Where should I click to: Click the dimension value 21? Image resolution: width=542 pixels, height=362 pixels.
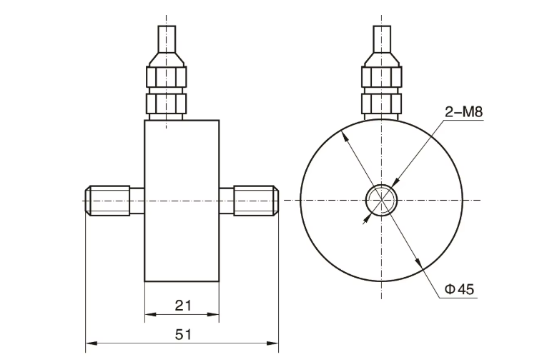(x=183, y=306)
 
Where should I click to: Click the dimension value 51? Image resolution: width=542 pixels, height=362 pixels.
(x=183, y=334)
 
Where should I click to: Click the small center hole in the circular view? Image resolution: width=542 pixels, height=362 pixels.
(x=381, y=199)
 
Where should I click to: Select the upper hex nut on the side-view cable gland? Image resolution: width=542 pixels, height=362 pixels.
(x=166, y=77)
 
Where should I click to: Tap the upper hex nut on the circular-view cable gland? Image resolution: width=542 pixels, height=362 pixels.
(x=381, y=77)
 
